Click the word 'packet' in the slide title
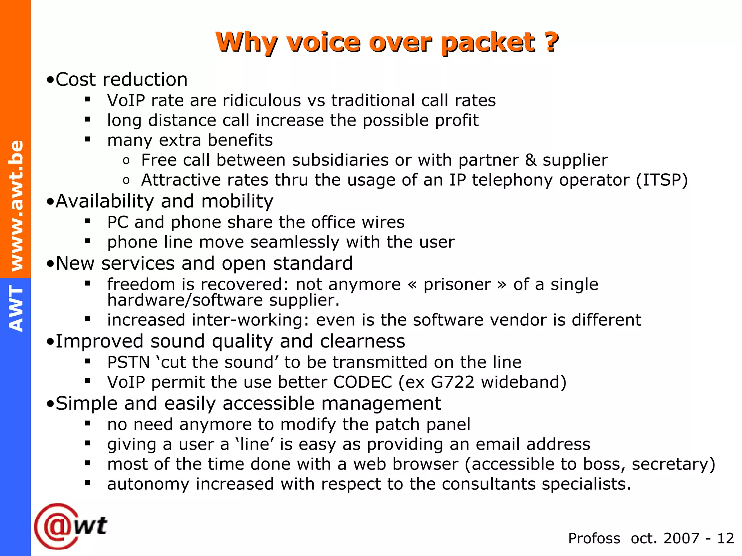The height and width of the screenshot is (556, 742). tap(488, 43)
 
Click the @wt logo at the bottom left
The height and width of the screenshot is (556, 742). tap(71, 526)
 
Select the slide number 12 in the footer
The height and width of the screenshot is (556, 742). tap(725, 539)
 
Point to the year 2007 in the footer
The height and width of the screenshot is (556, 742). tap(681, 539)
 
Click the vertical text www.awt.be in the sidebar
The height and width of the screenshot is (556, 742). tap(16, 206)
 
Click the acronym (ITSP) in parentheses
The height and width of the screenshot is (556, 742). tap(662, 180)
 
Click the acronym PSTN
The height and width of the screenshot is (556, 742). tap(129, 362)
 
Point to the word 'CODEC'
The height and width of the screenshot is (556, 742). tap(363, 382)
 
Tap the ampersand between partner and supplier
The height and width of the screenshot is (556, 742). tap(530, 160)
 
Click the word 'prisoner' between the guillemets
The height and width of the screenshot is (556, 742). tap(457, 285)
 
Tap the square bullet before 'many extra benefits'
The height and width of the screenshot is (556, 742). tap(87, 139)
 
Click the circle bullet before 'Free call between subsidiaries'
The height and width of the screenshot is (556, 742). tap(126, 161)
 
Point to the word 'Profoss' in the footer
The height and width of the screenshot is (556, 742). tap(594, 539)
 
